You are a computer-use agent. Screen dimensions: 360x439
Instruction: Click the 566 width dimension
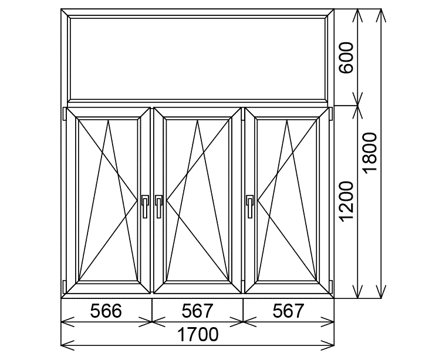click(x=107, y=311)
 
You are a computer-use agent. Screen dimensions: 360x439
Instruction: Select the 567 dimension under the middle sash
click(x=198, y=311)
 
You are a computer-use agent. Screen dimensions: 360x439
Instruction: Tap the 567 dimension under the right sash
click(x=288, y=311)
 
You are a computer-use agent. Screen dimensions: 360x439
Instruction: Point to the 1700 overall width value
click(x=198, y=335)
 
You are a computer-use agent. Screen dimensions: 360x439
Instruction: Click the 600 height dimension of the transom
click(x=347, y=57)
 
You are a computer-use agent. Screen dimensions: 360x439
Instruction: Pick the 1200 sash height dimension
click(x=347, y=201)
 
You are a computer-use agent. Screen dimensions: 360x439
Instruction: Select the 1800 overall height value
click(x=371, y=153)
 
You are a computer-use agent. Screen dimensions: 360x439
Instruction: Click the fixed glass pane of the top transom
click(x=198, y=57)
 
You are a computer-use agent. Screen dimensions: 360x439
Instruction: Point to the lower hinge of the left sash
click(x=64, y=286)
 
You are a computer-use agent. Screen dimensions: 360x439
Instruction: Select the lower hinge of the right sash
click(x=332, y=286)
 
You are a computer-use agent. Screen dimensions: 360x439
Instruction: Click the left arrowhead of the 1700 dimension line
click(x=66, y=343)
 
